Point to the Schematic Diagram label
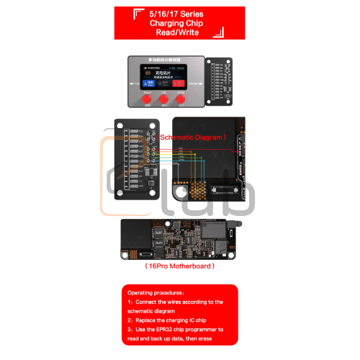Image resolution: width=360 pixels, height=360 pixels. click(193, 135)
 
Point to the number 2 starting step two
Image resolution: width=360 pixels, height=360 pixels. click(130, 319)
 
